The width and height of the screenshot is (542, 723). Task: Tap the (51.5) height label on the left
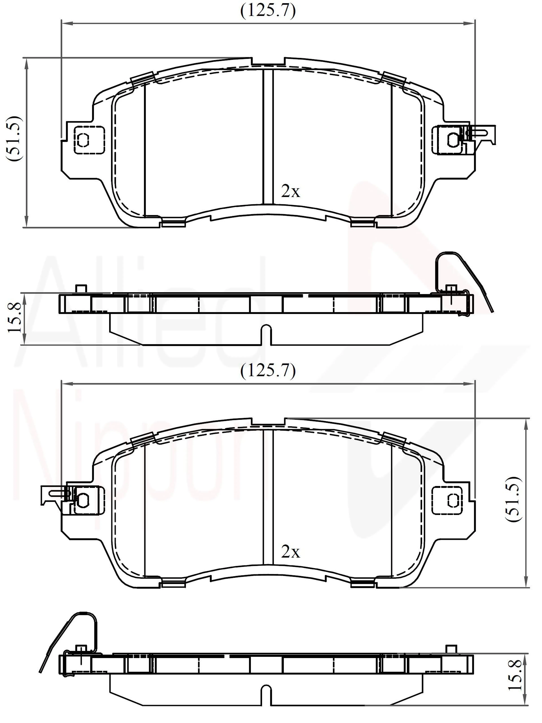point(15,138)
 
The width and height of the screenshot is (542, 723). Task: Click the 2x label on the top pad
point(290,192)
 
